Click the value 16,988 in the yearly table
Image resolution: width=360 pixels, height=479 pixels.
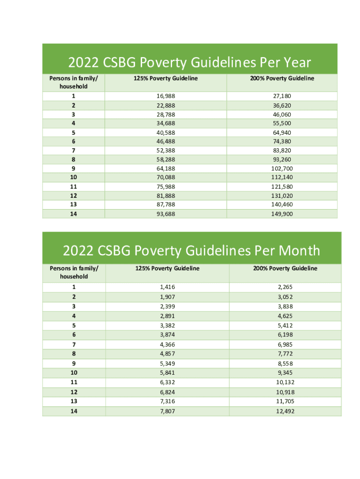point(166,96)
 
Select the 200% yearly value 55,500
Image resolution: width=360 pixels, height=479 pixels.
point(282,123)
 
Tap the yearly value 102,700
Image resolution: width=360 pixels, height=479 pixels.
point(282,168)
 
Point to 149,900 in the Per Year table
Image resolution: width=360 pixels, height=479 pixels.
point(282,213)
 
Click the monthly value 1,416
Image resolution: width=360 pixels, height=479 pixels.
point(167,287)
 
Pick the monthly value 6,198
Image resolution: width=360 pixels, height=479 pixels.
point(285,335)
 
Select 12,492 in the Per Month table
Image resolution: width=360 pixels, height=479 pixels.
point(285,411)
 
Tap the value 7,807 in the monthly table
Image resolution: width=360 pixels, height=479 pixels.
point(167,411)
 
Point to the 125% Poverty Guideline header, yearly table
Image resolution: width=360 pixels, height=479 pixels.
point(166,78)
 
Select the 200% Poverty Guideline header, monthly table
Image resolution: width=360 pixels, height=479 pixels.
point(285,268)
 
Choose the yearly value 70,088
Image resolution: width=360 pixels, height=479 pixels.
point(166,177)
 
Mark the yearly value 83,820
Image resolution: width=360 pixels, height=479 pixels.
point(282,150)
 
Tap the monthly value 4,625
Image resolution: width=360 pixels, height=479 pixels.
point(285,316)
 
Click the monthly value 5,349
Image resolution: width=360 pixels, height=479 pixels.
point(167,363)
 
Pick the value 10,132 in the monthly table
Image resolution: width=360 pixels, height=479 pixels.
point(285,382)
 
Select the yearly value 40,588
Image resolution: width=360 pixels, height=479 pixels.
point(166,132)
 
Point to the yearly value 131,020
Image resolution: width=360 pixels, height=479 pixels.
point(282,196)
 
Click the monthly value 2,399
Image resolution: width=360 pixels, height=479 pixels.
point(167,306)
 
